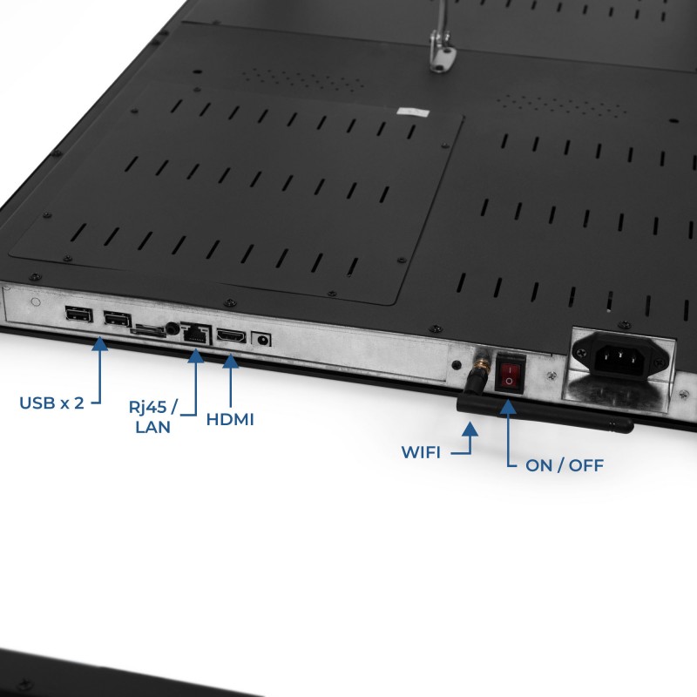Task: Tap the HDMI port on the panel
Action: click(231, 336)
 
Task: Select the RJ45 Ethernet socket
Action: click(195, 333)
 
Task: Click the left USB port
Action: click(78, 314)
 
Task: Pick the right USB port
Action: click(118, 318)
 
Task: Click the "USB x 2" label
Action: click(51, 403)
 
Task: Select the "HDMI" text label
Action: click(230, 420)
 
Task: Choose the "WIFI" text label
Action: click(421, 452)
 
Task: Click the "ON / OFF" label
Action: click(565, 465)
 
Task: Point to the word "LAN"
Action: click(153, 427)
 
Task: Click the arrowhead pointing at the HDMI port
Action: click(230, 361)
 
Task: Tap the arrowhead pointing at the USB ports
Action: click(99, 343)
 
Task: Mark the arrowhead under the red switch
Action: click(508, 407)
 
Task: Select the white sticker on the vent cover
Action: click(413, 112)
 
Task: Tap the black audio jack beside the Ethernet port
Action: click(172, 329)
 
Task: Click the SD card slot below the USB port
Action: click(147, 331)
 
